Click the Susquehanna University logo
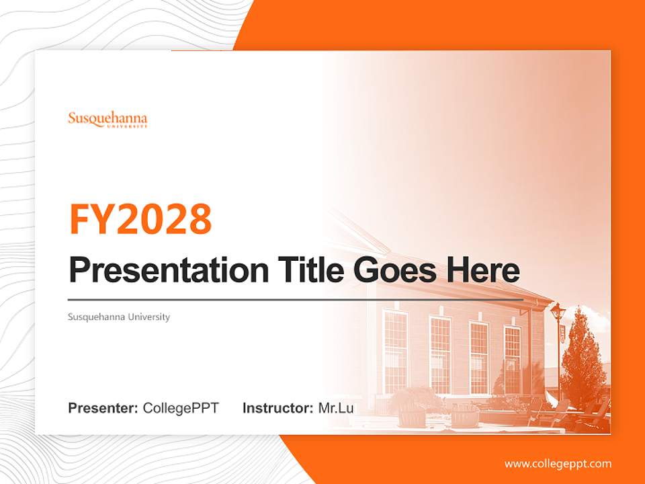pos(107,120)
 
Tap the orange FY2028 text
pos(140,219)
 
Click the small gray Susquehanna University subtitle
pos(119,317)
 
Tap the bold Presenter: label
pos(103,408)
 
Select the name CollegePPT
pos(181,408)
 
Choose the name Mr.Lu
pos(336,408)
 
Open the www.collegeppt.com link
pos(558,463)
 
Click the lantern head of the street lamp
pos(557,311)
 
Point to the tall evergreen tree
pos(583,363)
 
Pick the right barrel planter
pos(465,416)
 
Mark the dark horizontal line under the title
pos(296,299)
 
